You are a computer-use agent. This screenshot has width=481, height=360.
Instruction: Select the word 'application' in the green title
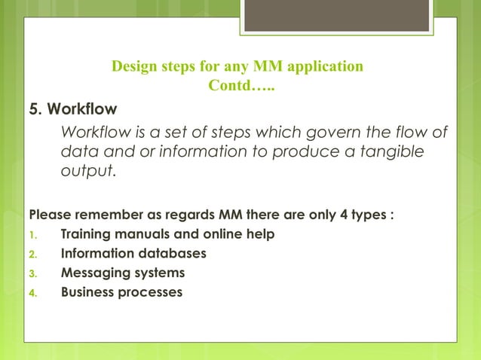coord(326,66)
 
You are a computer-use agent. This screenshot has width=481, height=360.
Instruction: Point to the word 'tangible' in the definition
coord(386,153)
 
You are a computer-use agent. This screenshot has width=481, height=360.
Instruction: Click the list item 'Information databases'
coord(133,253)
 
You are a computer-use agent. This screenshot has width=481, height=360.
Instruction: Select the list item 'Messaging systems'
coord(122,272)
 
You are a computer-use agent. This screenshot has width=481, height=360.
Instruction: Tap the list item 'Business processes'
coord(121,291)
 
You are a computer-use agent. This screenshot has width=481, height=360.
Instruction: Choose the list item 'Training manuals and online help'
coord(167,233)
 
